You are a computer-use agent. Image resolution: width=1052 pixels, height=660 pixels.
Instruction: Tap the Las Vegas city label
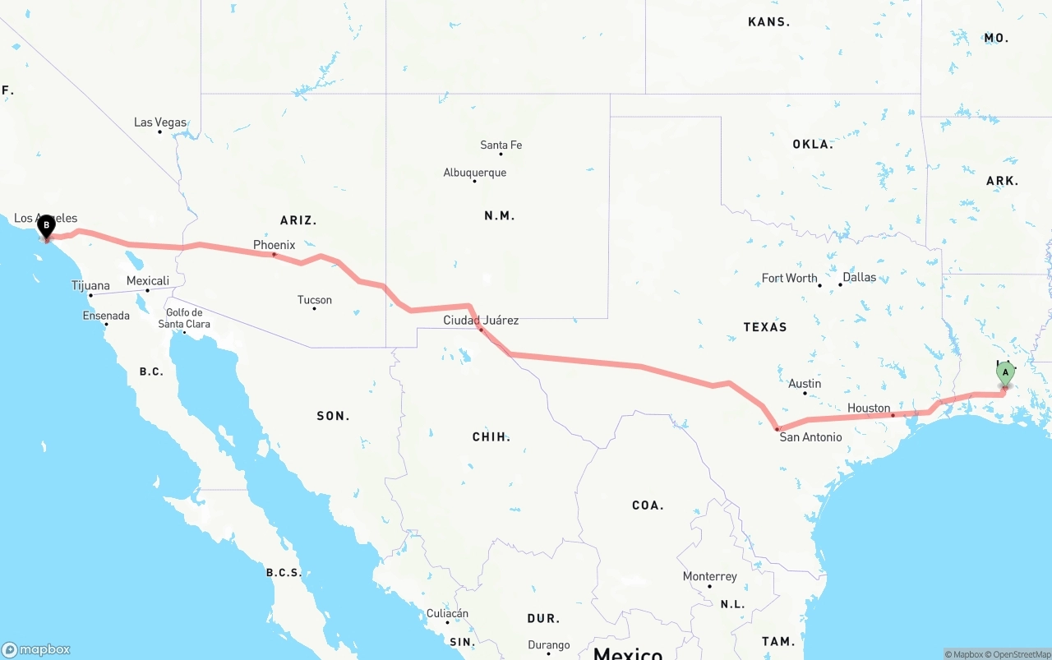(x=160, y=122)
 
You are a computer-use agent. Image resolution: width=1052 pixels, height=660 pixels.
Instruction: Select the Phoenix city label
(x=274, y=245)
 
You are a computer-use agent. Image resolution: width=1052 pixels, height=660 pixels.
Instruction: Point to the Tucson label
(x=315, y=300)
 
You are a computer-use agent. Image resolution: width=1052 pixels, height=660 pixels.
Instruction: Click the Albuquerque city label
(x=475, y=173)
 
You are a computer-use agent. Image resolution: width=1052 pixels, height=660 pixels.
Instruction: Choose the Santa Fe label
(x=501, y=145)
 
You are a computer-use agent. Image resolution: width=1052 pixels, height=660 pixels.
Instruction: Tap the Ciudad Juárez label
(x=481, y=320)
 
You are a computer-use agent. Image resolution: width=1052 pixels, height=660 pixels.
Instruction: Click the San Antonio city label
(x=810, y=437)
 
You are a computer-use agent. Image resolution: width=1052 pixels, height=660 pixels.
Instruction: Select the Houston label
(x=869, y=408)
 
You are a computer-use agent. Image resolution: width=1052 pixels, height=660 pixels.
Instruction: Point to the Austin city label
(x=805, y=383)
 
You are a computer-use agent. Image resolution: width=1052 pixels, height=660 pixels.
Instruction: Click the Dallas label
(x=860, y=277)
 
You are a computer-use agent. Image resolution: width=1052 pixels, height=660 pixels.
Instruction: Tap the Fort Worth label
(x=789, y=278)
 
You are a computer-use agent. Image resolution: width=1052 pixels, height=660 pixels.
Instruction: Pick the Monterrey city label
(x=710, y=576)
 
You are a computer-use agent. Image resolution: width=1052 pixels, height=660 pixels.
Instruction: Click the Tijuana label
(x=90, y=286)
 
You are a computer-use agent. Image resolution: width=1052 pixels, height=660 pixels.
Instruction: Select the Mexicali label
(x=148, y=281)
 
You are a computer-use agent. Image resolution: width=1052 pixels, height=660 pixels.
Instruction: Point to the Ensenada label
(x=106, y=316)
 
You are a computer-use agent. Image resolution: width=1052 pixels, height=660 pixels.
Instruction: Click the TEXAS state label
(x=765, y=327)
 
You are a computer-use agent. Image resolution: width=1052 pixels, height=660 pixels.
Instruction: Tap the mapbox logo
(x=36, y=649)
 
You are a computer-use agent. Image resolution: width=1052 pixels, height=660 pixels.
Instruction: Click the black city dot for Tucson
(x=314, y=308)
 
